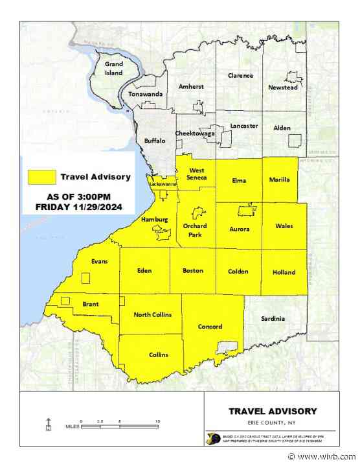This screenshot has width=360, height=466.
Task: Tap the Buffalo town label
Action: click(x=155, y=140)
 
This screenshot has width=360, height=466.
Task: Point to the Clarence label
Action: click(x=240, y=76)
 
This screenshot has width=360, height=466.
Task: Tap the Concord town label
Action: click(x=210, y=327)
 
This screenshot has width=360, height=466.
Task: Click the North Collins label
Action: click(x=153, y=314)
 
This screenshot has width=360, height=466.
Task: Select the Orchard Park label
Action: click(x=194, y=230)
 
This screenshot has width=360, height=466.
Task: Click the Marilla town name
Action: click(x=279, y=180)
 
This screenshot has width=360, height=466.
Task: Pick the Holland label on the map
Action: click(x=284, y=272)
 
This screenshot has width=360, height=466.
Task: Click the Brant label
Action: click(x=91, y=303)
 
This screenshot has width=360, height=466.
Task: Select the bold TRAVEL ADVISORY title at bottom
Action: click(x=272, y=410)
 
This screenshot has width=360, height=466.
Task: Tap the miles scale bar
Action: click(x=120, y=426)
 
